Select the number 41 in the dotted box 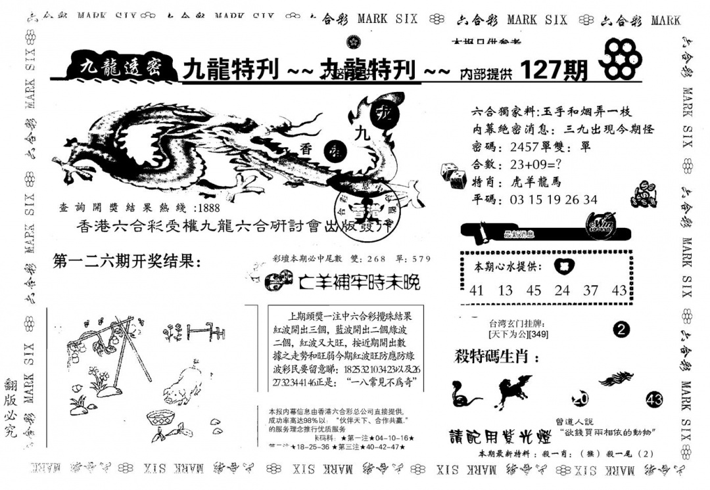pos(477,289)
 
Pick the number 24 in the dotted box pos(561,289)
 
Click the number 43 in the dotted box pos(619,289)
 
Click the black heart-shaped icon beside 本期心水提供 pos(563,265)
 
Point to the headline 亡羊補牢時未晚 pos(358,282)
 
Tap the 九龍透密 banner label pos(120,66)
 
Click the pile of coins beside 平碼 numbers pos(642,195)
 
